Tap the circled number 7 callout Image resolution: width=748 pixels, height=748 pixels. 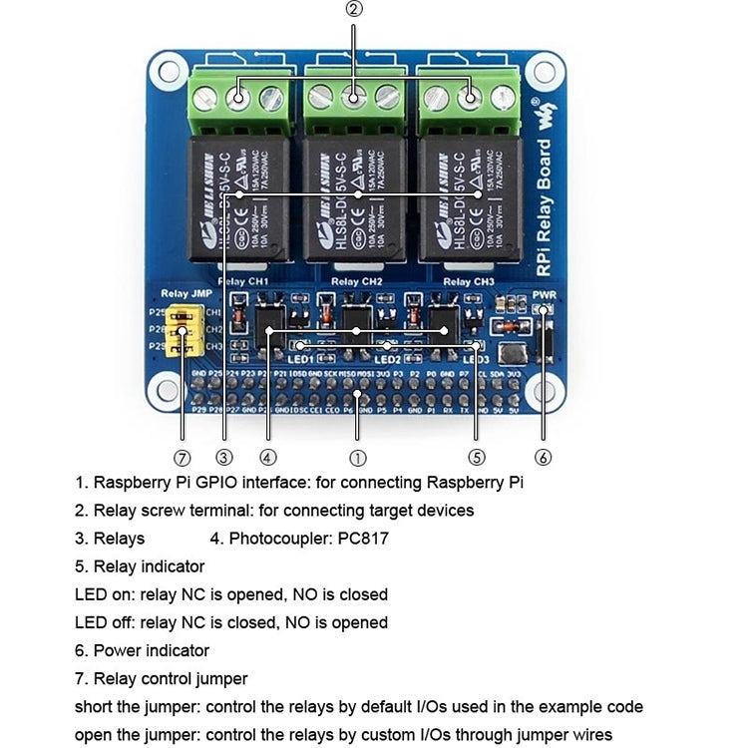(182, 458)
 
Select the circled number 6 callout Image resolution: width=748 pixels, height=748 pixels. (543, 458)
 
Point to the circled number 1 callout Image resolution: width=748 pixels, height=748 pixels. (357, 458)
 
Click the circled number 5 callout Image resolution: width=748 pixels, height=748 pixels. (476, 458)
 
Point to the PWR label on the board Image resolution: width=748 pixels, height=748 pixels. (544, 295)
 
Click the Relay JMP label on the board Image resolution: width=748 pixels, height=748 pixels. (186, 294)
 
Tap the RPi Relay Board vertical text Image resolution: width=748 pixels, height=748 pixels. (543, 189)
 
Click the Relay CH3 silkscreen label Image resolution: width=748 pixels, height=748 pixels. (468, 282)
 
